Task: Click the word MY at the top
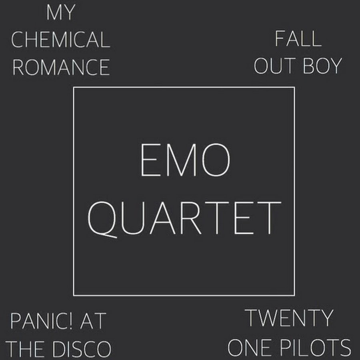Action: pos(61,12)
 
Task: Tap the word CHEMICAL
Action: pos(61,40)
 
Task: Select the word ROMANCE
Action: pos(61,67)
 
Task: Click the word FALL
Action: pos(298,38)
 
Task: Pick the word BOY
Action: pos(322,66)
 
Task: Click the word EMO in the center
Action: pos(185,160)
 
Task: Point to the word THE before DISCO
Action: pos(25,348)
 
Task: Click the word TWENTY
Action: pos(289,318)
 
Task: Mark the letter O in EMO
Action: pos(216,160)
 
